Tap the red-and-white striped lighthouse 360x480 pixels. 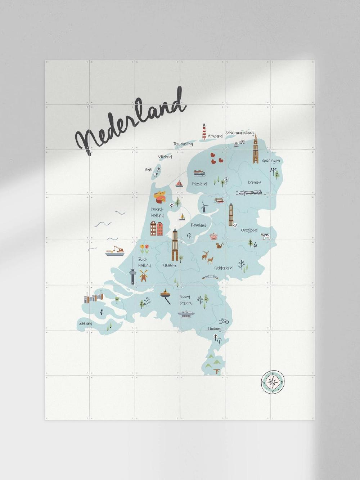click(204, 132)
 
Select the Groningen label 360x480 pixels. click(271, 161)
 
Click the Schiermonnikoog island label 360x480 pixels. click(240, 133)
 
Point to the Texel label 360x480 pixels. click(148, 169)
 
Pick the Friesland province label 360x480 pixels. click(199, 184)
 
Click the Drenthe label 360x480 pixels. click(255, 182)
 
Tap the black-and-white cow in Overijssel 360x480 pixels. click(265, 236)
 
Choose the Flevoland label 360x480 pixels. click(198, 225)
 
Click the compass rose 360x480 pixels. click(273, 382)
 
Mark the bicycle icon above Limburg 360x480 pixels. click(224, 320)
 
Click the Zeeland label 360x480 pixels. click(86, 323)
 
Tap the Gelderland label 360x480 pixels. click(223, 268)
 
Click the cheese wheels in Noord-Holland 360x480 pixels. click(160, 197)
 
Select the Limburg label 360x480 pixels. click(215, 329)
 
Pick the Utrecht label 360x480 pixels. click(170, 265)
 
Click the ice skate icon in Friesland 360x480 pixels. click(199, 173)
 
